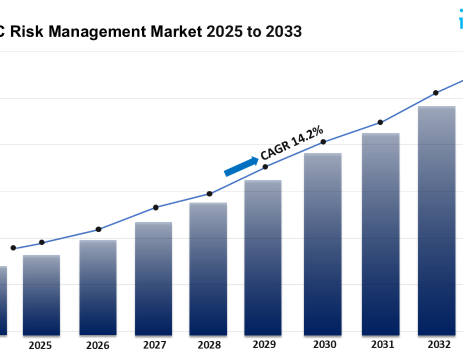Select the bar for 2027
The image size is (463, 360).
[153, 278]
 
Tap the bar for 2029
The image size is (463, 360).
[263, 257]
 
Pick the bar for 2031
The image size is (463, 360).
[381, 234]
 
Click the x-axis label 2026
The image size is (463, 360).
[97, 345]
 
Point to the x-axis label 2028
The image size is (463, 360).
[208, 345]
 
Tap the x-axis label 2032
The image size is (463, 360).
[436, 345]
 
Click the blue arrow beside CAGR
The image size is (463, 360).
[241, 167]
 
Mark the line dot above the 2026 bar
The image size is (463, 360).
[98, 229]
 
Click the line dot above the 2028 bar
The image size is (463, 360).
[209, 194]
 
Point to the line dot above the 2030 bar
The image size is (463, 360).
[323, 142]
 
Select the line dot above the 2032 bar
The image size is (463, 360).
[436, 93]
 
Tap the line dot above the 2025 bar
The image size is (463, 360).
[42, 242]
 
